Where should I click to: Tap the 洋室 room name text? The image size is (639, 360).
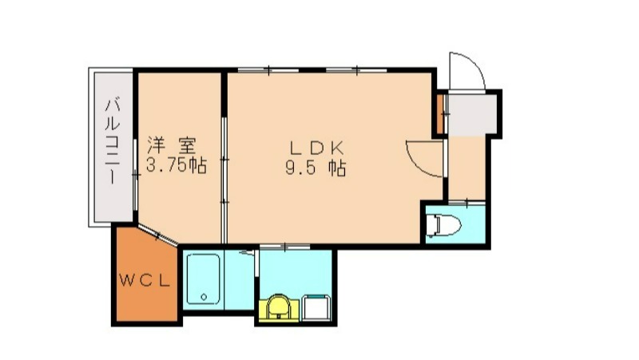pyautogui.click(x=171, y=146)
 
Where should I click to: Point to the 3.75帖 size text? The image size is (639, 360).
pyautogui.click(x=177, y=167)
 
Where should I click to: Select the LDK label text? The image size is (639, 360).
pyautogui.click(x=316, y=148)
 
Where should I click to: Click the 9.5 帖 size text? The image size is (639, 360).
pyautogui.click(x=316, y=168)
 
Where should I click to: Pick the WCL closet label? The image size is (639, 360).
pyautogui.click(x=145, y=280)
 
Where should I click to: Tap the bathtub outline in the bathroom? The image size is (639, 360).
pyautogui.click(x=206, y=279)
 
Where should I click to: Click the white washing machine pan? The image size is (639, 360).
pyautogui.click(x=317, y=307)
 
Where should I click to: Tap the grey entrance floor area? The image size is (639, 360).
pyautogui.click(x=474, y=113)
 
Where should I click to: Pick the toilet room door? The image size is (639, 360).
pyautogui.click(x=466, y=202)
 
